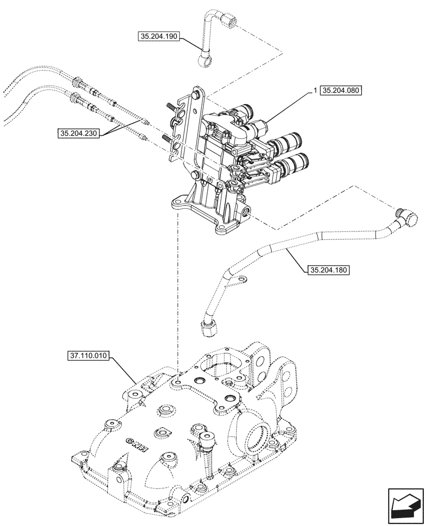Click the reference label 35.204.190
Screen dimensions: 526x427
point(159,37)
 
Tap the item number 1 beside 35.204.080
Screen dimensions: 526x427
point(314,90)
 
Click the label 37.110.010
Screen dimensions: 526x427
point(88,356)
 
